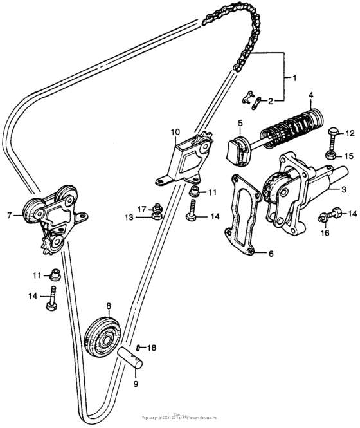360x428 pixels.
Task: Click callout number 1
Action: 295,79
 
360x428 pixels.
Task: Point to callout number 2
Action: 271,101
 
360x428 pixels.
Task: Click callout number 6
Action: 270,254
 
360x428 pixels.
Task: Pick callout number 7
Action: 9,215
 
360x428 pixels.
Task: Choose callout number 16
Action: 325,232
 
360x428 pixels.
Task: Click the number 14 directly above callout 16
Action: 352,213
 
